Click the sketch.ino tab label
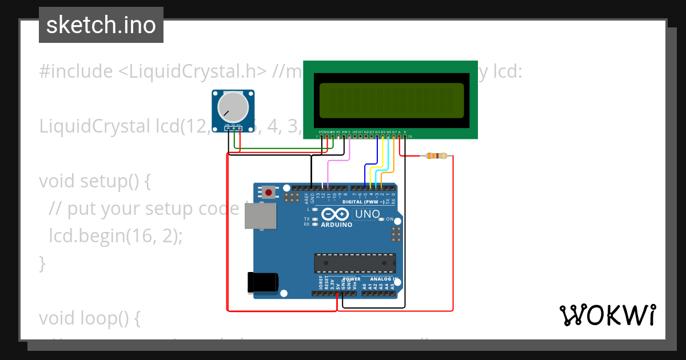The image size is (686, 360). [101, 25]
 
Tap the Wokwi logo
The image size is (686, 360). [607, 315]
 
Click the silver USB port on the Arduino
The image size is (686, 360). [260, 217]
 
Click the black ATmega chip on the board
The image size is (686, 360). [354, 263]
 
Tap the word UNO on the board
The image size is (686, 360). [368, 214]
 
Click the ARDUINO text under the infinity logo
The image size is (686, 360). [337, 225]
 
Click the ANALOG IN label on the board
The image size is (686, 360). [380, 279]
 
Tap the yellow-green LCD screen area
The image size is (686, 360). [391, 101]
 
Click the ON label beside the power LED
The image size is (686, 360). [389, 219]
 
